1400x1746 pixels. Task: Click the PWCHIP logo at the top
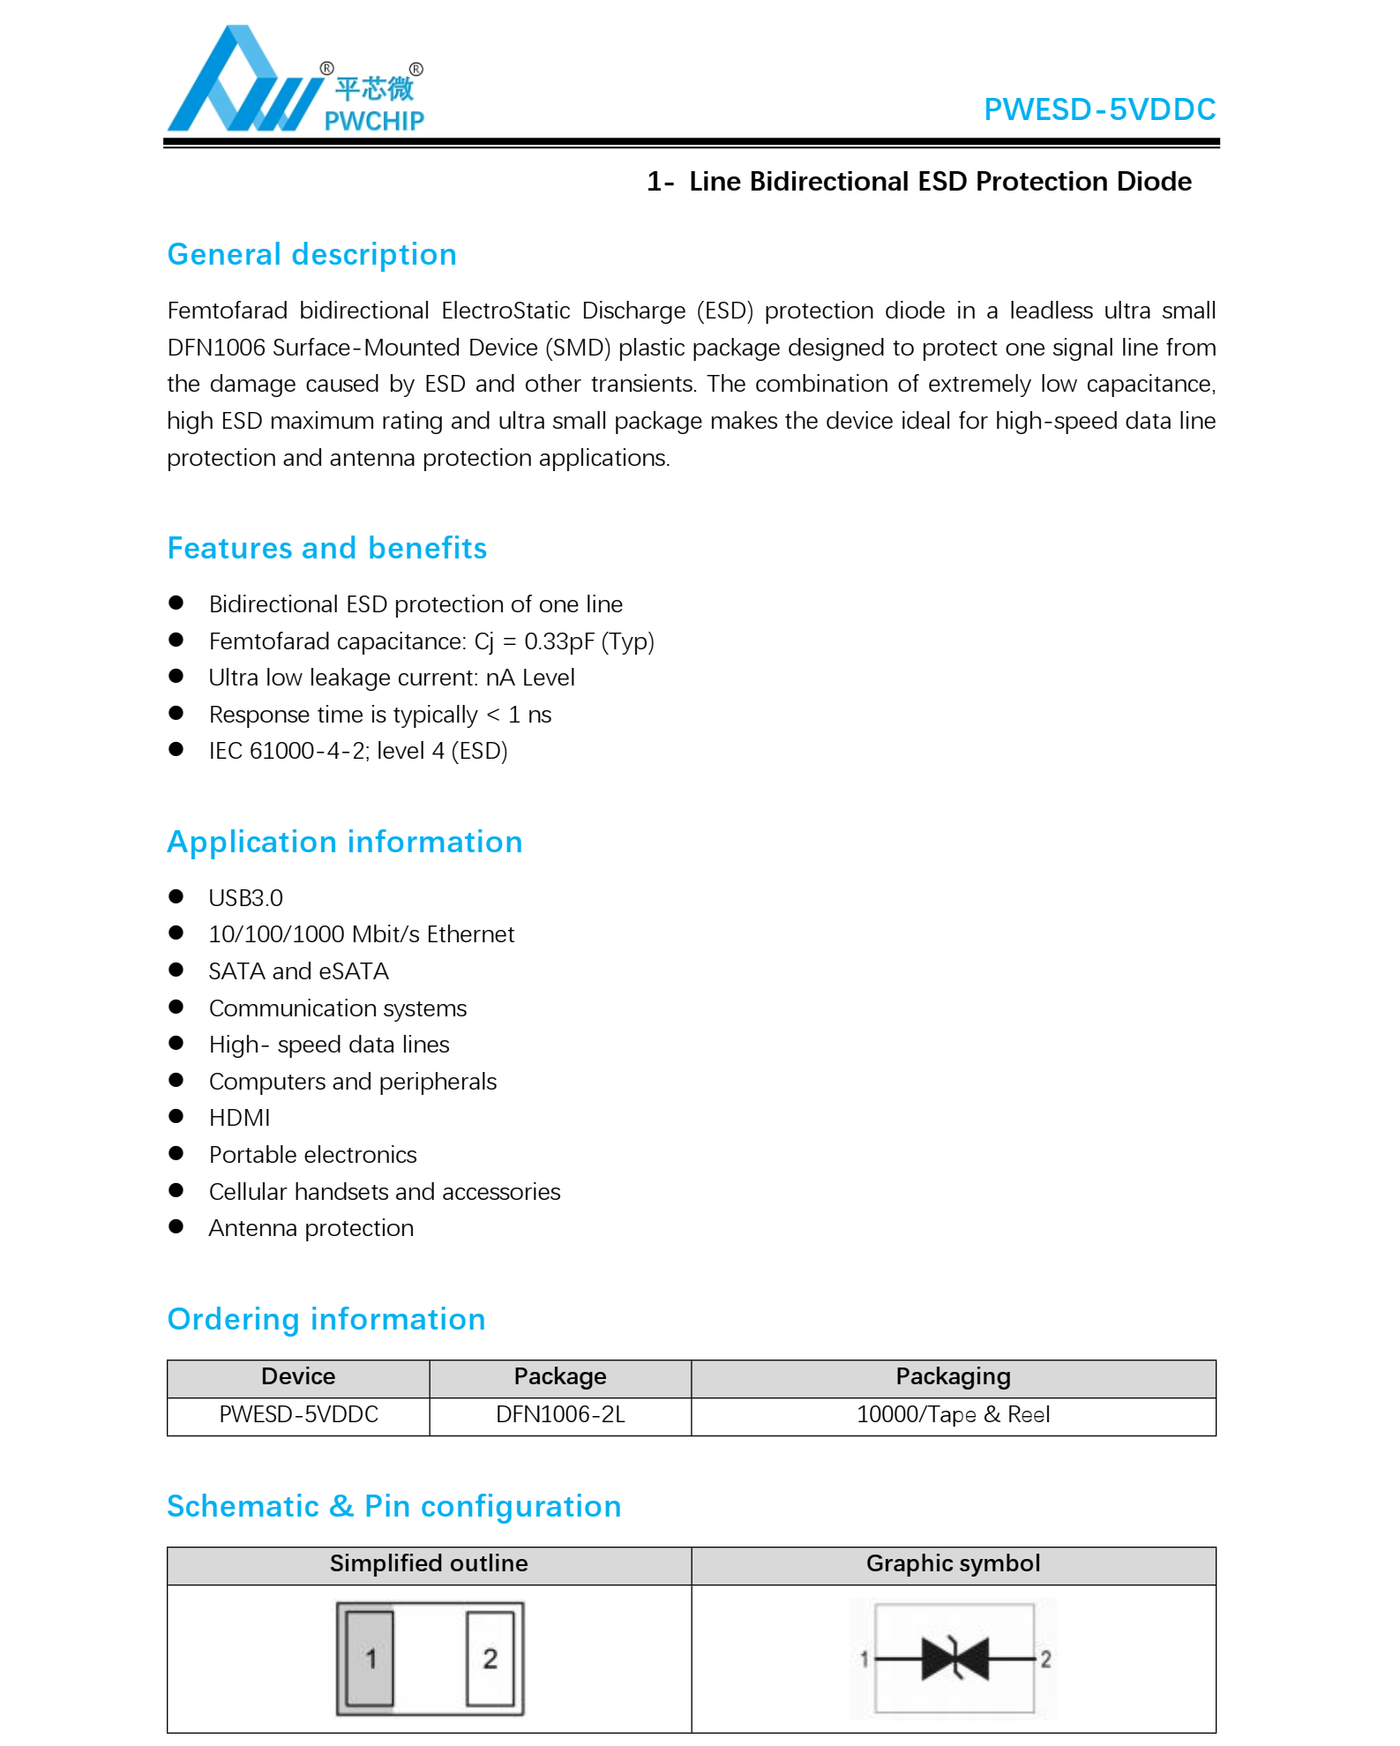[x=296, y=82]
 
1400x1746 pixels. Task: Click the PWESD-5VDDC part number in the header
[x=1099, y=109]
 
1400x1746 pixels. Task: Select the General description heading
[x=311, y=255]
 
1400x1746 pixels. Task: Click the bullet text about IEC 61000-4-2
[x=357, y=751]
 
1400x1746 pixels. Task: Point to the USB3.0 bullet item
[x=245, y=898]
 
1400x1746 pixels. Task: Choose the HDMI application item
[x=239, y=1118]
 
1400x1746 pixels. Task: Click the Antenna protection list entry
[x=311, y=1228]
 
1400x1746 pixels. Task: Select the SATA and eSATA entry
[x=298, y=971]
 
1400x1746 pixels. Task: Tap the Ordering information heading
[x=326, y=1320]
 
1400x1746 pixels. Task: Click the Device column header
[x=298, y=1377]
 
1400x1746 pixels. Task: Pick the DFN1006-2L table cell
[x=560, y=1415]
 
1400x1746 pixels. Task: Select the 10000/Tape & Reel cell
[x=953, y=1415]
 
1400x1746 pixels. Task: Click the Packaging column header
[x=953, y=1377]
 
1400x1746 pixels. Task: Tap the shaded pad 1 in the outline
[x=371, y=1659]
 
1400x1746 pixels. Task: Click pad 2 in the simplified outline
[x=490, y=1659]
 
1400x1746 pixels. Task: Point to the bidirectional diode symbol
[x=955, y=1659]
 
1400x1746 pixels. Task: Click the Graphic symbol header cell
[x=953, y=1564]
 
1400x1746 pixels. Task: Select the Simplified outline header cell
[x=429, y=1564]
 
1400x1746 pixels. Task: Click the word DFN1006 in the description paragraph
[x=216, y=348]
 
